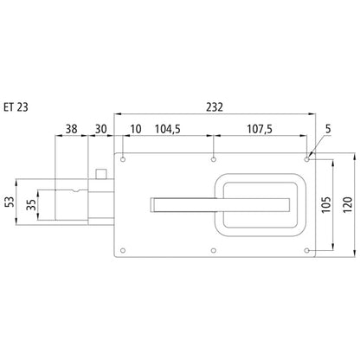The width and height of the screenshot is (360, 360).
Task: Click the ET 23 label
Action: (x=16, y=107)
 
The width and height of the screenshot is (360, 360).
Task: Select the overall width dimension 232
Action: (x=215, y=107)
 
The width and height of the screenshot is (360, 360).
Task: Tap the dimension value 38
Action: (x=71, y=129)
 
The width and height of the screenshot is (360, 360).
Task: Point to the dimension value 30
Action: (x=101, y=129)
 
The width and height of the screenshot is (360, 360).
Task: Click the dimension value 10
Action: (x=136, y=129)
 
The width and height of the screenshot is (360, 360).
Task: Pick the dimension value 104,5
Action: (x=168, y=129)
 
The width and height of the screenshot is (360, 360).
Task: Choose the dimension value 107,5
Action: (x=260, y=129)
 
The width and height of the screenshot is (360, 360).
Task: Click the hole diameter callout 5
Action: (x=328, y=129)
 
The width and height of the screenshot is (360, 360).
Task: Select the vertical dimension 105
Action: (x=326, y=205)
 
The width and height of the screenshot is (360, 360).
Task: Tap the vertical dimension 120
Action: (x=348, y=205)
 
